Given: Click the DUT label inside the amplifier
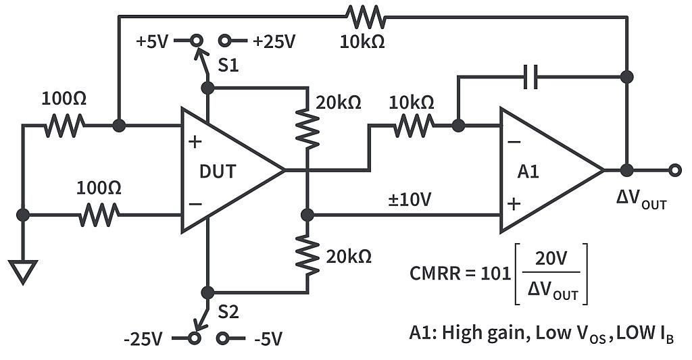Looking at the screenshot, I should [x=218, y=171].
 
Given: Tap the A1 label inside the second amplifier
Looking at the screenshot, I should [x=528, y=172].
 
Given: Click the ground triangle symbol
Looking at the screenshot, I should [x=22, y=272].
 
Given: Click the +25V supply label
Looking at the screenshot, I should [x=274, y=41].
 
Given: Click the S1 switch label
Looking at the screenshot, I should [x=229, y=66].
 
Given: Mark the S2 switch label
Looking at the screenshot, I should [x=229, y=313].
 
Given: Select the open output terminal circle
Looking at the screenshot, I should [x=674, y=170].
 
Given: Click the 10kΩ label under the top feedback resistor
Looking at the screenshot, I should [x=363, y=41].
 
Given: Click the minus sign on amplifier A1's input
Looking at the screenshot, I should [x=514, y=143].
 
